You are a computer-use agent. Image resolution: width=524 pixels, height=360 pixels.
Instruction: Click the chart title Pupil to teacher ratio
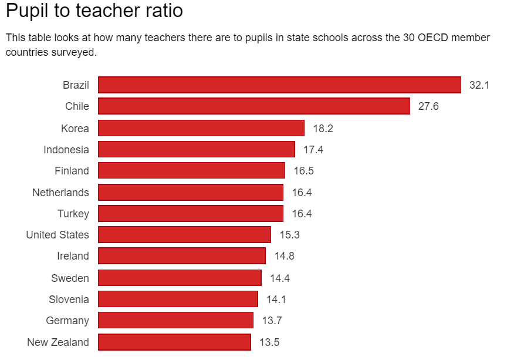tap(94, 11)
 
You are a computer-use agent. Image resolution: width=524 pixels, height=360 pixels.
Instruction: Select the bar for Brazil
tap(279, 85)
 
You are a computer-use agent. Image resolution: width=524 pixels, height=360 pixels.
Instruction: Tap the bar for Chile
tap(253, 106)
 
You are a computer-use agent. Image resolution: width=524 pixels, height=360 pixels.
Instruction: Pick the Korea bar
tap(201, 128)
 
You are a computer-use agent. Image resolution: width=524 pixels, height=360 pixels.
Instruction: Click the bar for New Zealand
tap(174, 342)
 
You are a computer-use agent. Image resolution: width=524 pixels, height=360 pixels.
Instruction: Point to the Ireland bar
tap(182, 256)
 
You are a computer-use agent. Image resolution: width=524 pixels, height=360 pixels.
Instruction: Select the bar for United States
tap(184, 235)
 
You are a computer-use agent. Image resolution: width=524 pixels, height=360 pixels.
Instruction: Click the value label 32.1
tap(479, 85)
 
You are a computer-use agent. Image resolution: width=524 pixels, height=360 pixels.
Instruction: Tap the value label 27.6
tap(428, 106)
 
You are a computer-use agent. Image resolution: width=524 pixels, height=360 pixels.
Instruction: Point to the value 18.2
tap(323, 129)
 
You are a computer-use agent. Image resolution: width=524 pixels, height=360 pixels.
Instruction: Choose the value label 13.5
tap(269, 342)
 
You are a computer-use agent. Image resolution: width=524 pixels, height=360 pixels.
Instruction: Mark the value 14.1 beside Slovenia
tap(276, 300)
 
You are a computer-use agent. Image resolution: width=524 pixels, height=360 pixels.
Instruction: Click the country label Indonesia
tap(66, 150)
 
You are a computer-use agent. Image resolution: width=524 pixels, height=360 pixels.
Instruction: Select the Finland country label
tap(72, 171)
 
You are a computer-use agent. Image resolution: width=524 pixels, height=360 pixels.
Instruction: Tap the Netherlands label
tap(60, 193)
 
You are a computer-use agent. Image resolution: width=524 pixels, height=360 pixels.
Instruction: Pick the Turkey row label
tap(73, 214)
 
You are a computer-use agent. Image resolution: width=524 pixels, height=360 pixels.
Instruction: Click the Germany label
tap(67, 321)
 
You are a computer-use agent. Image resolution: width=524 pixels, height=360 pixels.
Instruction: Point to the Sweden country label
tap(70, 278)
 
